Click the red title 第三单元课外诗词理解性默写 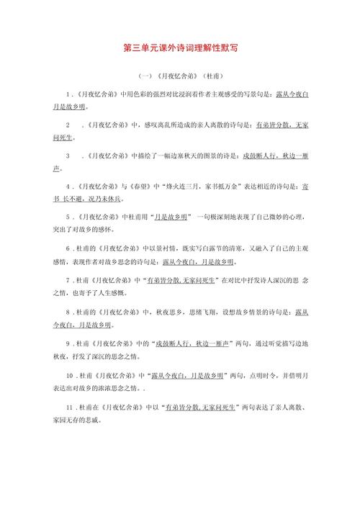pos(180,48)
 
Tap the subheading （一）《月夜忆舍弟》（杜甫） pos(179,75)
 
